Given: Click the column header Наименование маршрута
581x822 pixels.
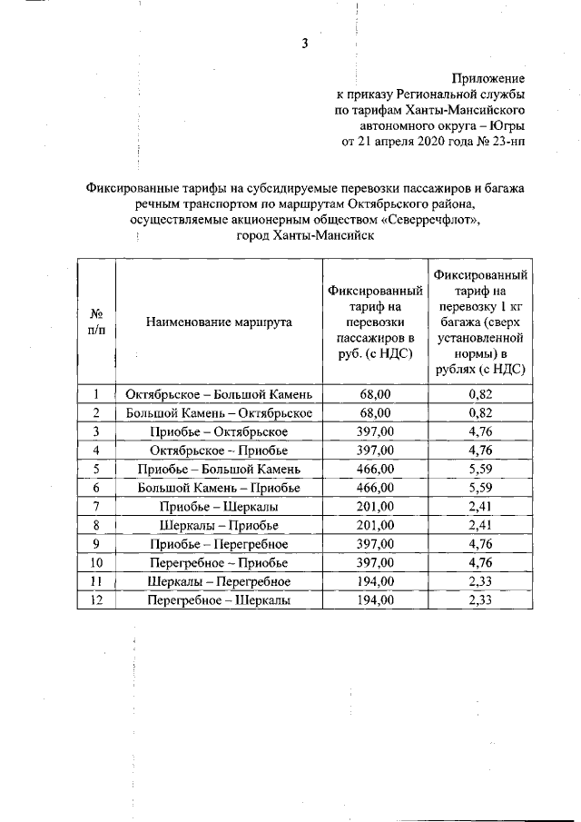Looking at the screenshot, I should [218, 322].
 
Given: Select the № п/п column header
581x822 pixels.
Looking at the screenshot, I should [96, 322].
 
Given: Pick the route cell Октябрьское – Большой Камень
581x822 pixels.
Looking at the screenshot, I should [219, 395].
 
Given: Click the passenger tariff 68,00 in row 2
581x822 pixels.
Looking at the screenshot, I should [376, 413].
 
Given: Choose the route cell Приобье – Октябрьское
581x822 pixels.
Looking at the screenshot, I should [219, 431].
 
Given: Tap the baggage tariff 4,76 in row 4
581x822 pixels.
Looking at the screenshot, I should [479, 450].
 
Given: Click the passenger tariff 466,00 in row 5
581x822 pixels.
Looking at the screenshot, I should [376, 469].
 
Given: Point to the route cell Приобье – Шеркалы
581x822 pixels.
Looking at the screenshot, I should [219, 506].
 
